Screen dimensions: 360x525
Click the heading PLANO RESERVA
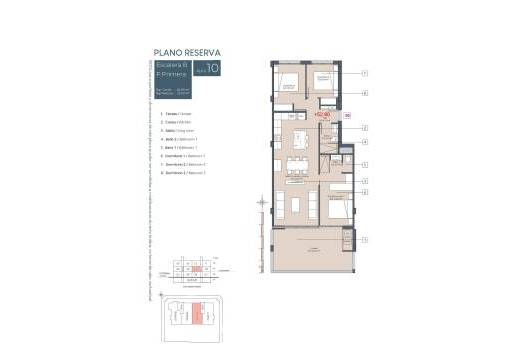[187, 53]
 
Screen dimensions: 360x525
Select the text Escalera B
[170, 66]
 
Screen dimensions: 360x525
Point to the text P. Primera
[170, 76]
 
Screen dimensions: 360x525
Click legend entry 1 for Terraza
[174, 114]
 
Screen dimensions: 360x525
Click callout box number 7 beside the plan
[365, 74]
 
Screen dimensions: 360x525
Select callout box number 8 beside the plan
[365, 93]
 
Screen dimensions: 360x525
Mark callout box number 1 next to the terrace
[365, 239]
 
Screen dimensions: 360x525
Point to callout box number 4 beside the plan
[365, 142]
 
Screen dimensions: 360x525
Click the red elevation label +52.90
[322, 114]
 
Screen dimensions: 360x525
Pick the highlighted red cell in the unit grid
[199, 268]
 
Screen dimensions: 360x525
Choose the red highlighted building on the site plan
[198, 312]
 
